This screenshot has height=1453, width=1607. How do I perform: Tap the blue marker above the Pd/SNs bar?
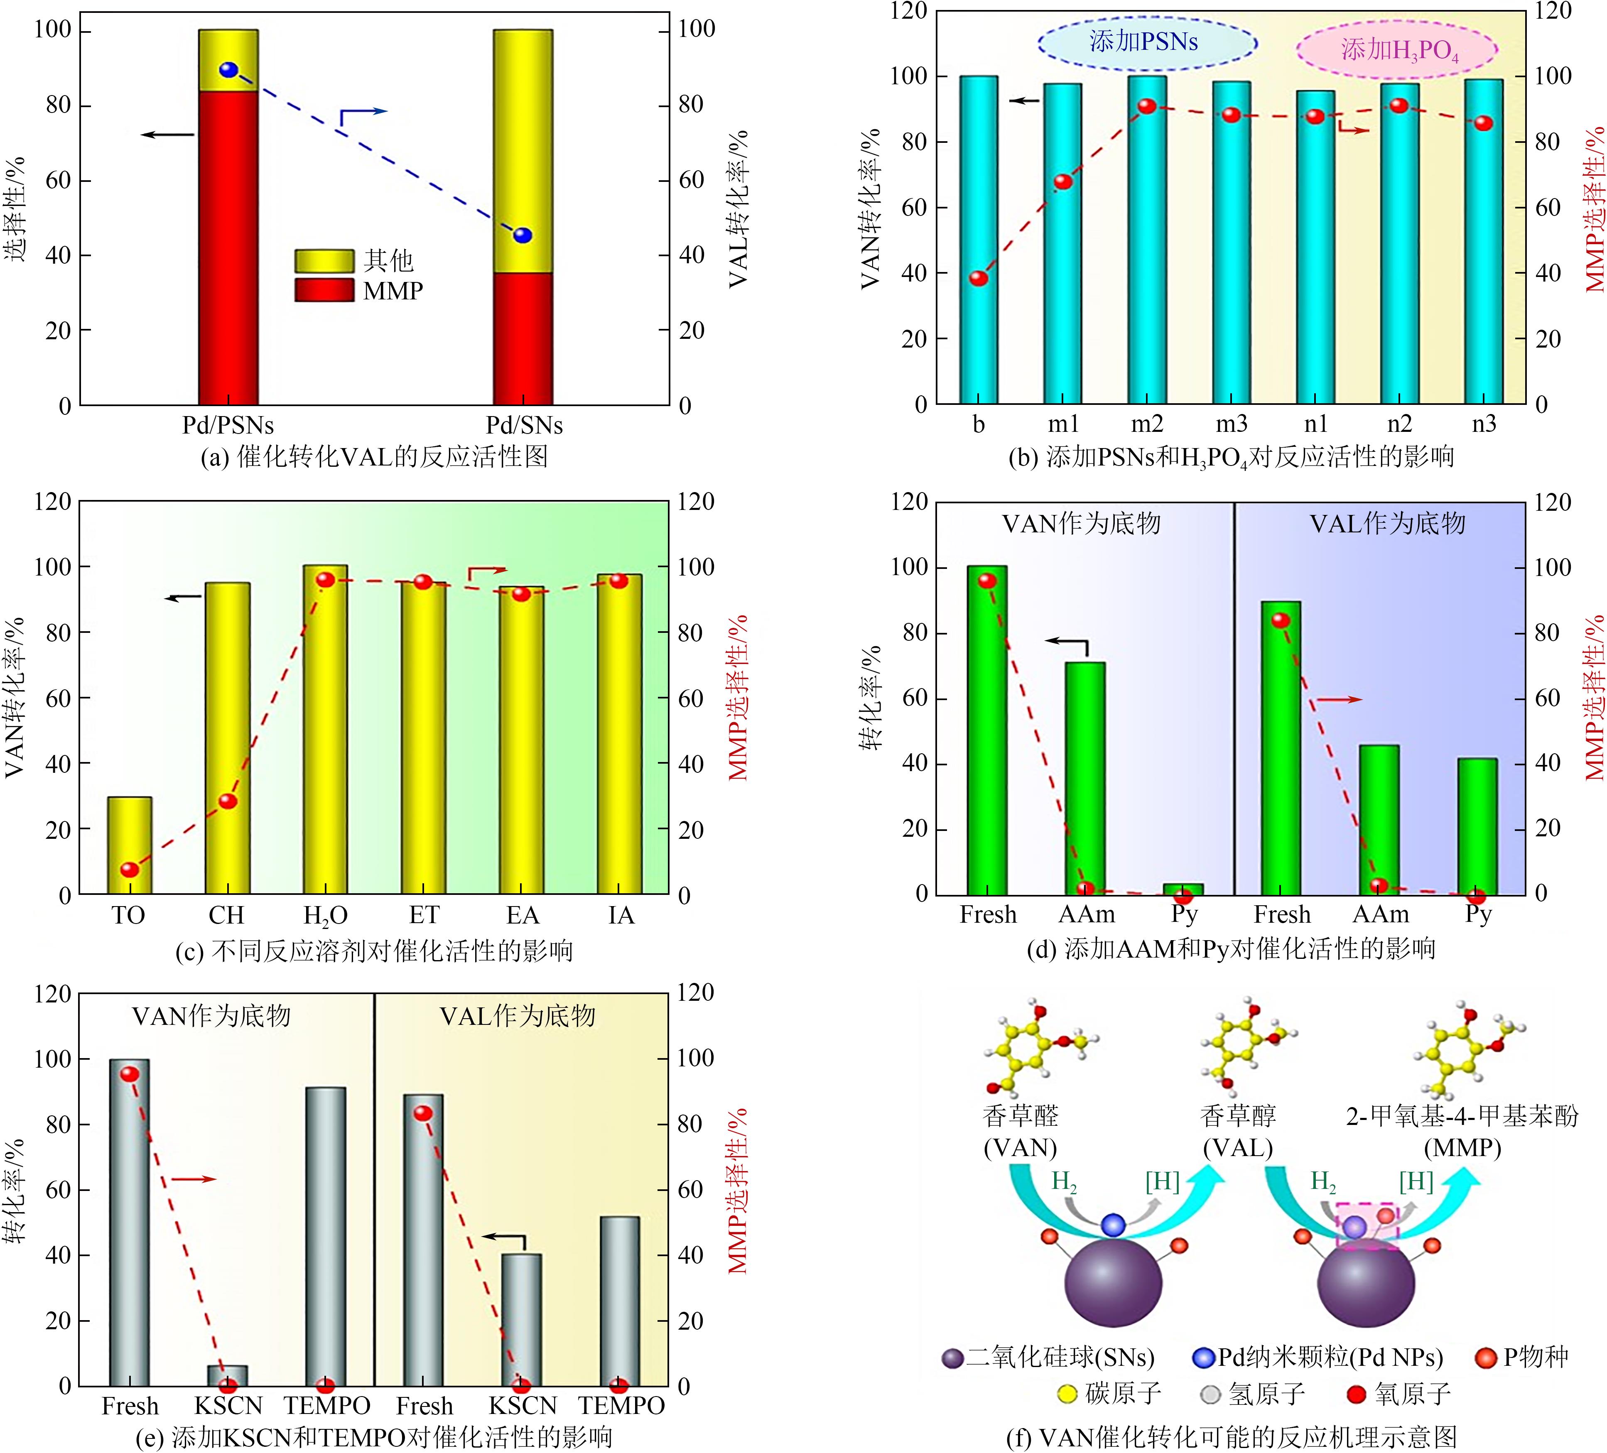522,235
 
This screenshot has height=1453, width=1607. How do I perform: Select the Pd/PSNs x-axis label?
228,425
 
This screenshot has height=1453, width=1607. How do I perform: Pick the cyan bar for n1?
1315,247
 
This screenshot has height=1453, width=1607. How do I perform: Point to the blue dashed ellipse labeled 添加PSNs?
1146,42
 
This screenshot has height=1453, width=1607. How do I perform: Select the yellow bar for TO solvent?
130,845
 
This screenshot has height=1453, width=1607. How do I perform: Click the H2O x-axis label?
325,916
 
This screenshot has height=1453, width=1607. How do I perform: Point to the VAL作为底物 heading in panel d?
1387,524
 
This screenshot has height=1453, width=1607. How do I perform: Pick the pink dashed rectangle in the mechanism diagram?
1367,1226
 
